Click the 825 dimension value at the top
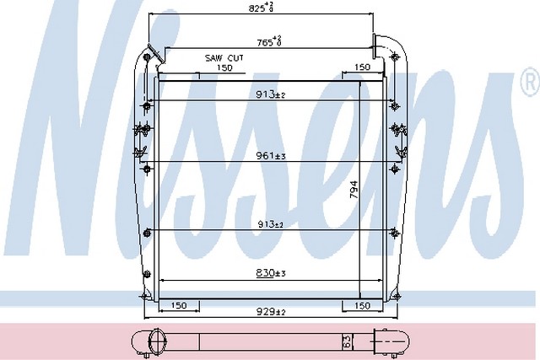point(261,8)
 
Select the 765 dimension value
point(269,41)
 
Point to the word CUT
point(235,58)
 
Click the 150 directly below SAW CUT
point(224,67)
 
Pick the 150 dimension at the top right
point(362,67)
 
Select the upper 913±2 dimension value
point(270,94)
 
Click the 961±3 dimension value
point(271,156)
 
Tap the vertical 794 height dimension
point(354,190)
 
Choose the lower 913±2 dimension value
point(271,224)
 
